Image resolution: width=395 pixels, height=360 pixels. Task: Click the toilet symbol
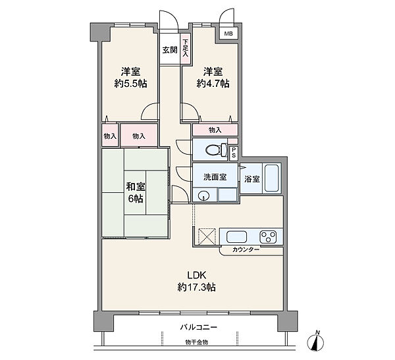point(217,150)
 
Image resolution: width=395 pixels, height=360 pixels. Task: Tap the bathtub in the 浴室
point(271,178)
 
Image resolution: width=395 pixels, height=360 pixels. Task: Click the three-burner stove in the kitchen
point(268,237)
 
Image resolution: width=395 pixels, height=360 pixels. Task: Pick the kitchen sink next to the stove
point(236,237)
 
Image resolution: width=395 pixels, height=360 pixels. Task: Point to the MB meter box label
point(228,34)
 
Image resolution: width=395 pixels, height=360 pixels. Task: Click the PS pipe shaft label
point(234,153)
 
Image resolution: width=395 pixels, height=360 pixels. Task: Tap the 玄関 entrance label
point(170,50)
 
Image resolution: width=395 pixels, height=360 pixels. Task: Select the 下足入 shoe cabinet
point(186,49)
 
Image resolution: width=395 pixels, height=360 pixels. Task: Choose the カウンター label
point(246,249)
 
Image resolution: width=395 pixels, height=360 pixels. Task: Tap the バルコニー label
point(199,327)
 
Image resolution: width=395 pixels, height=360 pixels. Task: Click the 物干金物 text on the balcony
point(196,342)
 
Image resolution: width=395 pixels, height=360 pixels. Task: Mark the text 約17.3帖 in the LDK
point(196,287)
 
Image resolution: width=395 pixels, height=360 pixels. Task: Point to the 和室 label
point(136,187)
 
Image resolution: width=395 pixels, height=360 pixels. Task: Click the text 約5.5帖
point(130,84)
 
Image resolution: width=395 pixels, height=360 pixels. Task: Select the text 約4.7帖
point(213,84)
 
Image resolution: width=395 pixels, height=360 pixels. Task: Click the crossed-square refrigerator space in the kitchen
point(207,236)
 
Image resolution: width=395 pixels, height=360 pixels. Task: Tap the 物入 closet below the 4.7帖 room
point(215,130)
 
